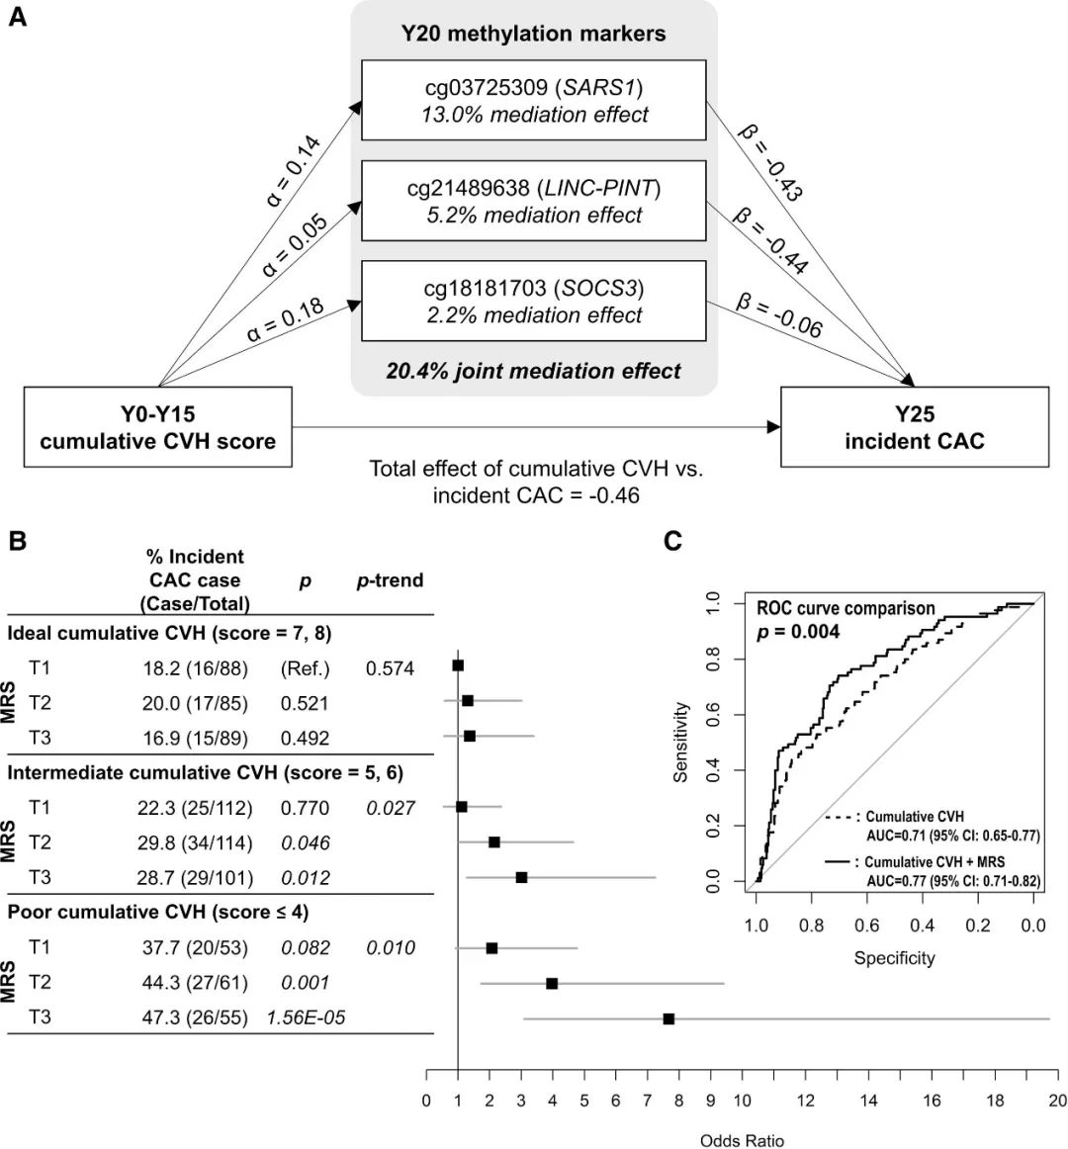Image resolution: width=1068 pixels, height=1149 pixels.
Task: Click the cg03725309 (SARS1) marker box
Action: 534,100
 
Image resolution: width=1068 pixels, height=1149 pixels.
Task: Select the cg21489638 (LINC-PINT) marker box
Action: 534,201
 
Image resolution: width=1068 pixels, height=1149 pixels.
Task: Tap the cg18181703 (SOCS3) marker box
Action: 534,302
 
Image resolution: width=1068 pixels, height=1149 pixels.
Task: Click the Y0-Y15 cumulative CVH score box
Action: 158,427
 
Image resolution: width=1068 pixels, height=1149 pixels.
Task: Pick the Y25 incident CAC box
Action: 914,427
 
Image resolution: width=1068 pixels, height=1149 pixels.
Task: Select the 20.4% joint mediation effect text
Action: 534,372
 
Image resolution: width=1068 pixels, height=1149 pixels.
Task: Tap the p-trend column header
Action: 390,580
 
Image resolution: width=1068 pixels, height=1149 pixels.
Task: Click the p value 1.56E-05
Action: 306,1017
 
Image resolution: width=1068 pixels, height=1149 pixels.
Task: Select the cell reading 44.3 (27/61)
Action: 195,983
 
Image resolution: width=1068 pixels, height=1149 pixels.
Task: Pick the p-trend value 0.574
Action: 390,668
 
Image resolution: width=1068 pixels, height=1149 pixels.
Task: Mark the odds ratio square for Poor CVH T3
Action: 668,1018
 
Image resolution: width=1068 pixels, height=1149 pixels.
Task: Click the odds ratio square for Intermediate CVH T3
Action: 521,877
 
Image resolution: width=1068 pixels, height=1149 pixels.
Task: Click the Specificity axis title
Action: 894,957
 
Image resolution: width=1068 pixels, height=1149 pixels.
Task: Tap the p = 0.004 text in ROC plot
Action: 799,631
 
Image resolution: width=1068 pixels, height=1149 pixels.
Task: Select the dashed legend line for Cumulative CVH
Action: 840,818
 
